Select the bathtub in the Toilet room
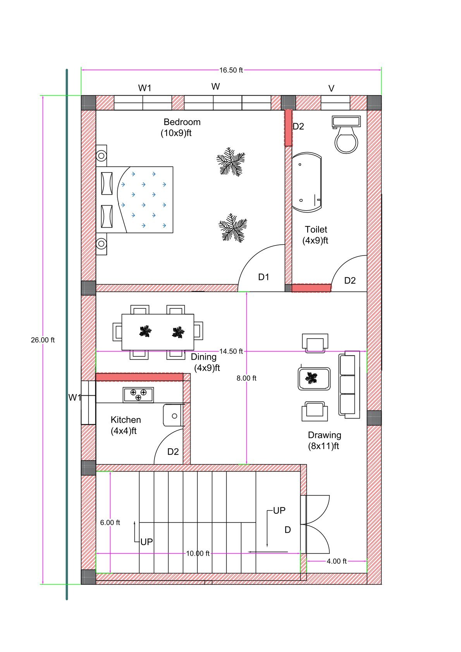tap(307, 182)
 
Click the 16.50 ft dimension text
tap(231, 70)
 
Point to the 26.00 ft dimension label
tap(43, 340)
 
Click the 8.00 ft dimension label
tap(246, 378)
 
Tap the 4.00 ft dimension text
tap(336, 561)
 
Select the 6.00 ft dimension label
tap(110, 522)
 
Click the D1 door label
tap(263, 277)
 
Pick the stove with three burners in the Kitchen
tap(138, 395)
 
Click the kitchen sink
tap(174, 415)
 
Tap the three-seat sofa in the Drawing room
tap(349, 384)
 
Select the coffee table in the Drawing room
tap(314, 379)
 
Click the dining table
tap(158, 332)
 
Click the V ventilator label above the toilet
tap(331, 89)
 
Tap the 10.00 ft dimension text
tap(198, 553)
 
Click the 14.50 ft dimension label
tap(231, 351)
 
